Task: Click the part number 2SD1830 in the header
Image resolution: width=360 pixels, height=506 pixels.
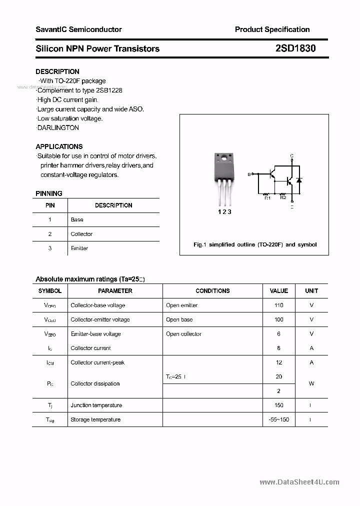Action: (295, 48)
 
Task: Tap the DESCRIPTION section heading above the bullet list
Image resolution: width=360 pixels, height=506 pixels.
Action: (57, 71)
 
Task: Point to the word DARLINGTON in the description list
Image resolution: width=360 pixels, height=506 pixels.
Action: (58, 127)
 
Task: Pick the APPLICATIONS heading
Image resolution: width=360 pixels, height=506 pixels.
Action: (59, 146)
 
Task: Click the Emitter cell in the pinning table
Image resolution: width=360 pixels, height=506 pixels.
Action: (79, 248)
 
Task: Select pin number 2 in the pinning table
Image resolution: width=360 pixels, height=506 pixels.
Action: (50, 234)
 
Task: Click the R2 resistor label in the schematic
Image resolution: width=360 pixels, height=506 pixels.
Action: (283, 197)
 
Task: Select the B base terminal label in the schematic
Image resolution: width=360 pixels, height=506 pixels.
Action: (249, 174)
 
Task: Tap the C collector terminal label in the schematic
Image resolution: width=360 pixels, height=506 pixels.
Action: (291, 156)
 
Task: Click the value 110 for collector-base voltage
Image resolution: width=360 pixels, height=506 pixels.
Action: (278, 305)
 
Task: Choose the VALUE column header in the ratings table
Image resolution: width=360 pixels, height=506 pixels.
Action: (278, 290)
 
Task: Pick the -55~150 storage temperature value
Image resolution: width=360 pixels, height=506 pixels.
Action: (278, 419)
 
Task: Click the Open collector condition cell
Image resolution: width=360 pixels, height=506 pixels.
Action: (183, 334)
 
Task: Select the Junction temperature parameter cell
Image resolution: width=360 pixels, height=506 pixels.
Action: (95, 405)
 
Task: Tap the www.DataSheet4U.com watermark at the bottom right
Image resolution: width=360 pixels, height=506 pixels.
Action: (299, 482)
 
